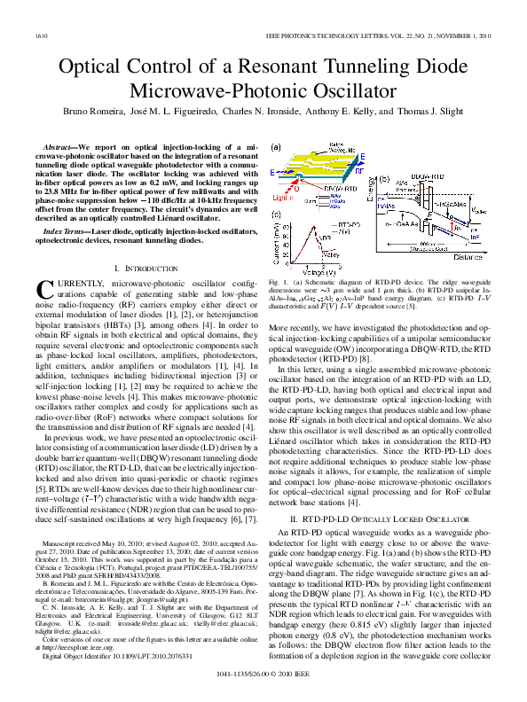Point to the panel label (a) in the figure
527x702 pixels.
point(276,148)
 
